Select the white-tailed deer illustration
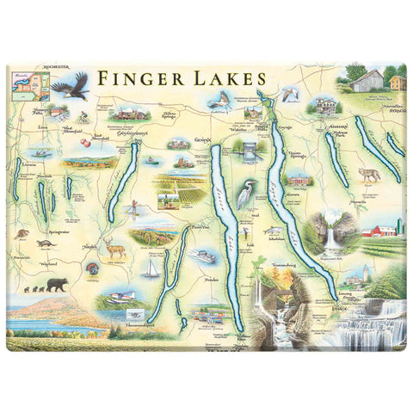(115, 248)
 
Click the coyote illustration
(368, 175)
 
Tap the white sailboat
(151, 268)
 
